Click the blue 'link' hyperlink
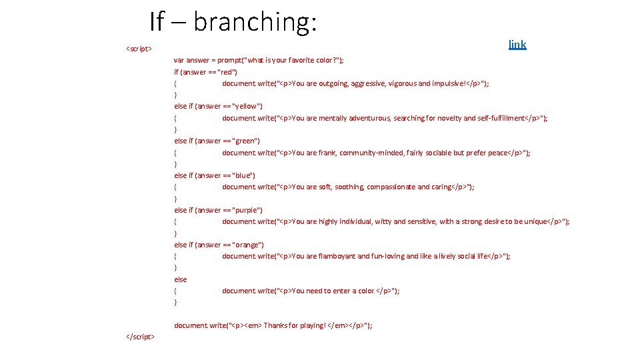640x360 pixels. coord(517,45)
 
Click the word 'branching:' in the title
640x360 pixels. coord(255,22)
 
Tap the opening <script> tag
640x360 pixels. coord(139,49)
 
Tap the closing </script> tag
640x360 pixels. coord(141,337)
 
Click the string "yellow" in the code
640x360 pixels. coord(247,107)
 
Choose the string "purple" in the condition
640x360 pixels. coord(247,211)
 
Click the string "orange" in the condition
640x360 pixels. coord(247,245)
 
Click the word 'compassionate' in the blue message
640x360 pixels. coord(391,187)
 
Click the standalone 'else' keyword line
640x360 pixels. coord(181,280)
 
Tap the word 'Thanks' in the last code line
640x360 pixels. coord(276,326)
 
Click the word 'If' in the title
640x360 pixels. coord(156,22)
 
